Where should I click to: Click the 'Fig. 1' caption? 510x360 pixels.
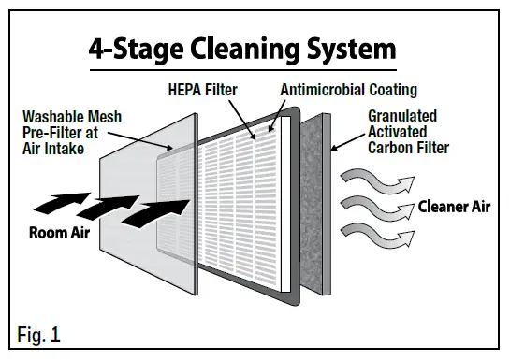[x=37, y=333]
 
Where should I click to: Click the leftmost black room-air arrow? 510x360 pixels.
[x=55, y=199]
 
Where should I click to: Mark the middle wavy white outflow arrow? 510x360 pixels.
[x=370, y=205]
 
